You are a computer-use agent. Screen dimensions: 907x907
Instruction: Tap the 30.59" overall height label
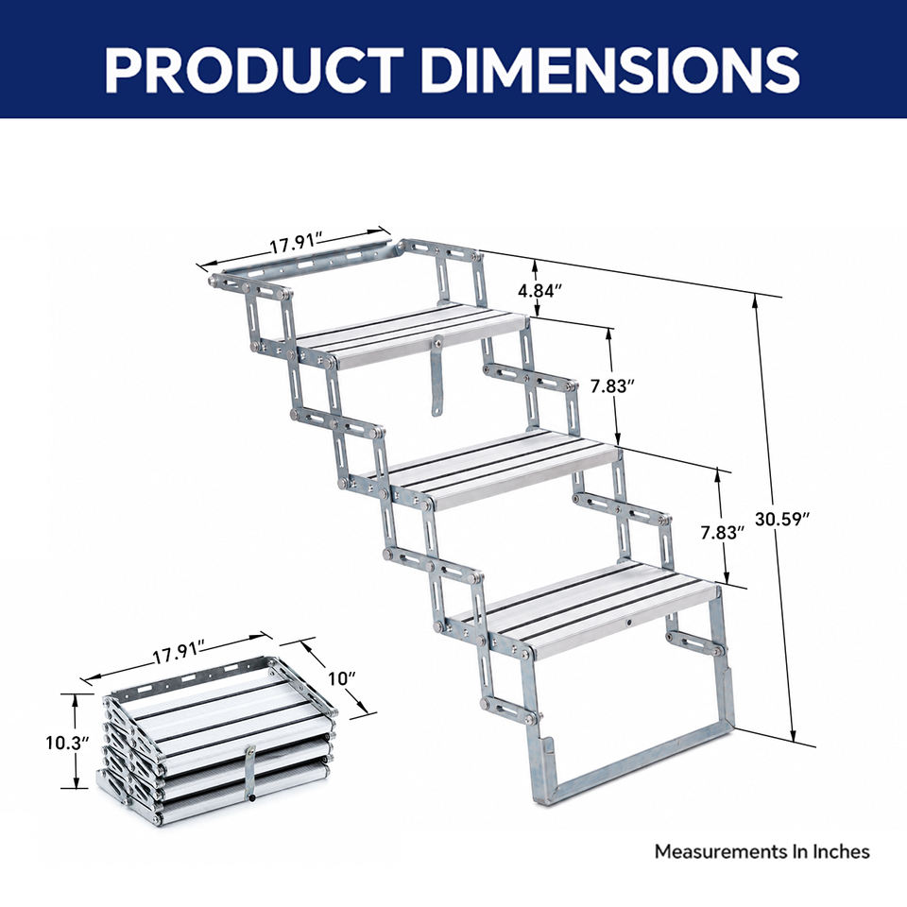coord(781,520)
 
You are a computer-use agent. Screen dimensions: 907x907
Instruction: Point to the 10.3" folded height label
coord(67,743)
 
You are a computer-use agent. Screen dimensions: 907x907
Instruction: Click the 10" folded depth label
coord(342,678)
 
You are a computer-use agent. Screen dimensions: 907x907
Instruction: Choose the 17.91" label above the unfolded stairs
coord(296,243)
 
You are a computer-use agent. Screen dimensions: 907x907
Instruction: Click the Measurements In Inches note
coord(762,851)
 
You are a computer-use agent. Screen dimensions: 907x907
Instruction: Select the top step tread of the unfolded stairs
coord(411,336)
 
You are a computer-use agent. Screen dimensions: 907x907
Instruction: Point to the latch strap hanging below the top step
coord(437,376)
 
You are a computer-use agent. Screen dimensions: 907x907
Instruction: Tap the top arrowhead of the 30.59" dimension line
coord(756,300)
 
